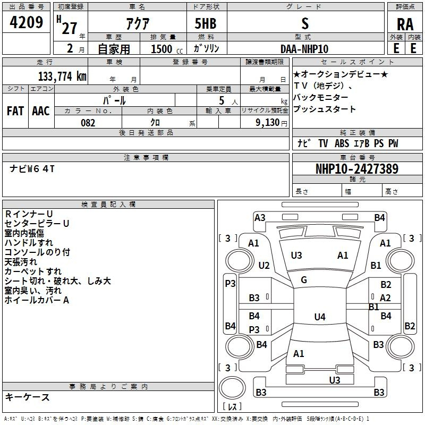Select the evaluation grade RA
tap(405, 25)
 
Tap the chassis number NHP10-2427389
tap(356, 169)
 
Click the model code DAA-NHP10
tap(304, 48)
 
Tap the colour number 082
tap(88, 123)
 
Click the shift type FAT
tap(15, 110)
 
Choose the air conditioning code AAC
tap(40, 110)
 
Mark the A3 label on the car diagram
tap(260, 217)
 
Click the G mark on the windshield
tap(304, 279)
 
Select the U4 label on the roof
tap(319, 317)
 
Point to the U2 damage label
tap(264, 266)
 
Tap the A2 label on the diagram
tap(386, 298)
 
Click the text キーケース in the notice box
tap(28, 397)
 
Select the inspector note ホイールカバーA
tap(37, 300)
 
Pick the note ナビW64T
tap(32, 169)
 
